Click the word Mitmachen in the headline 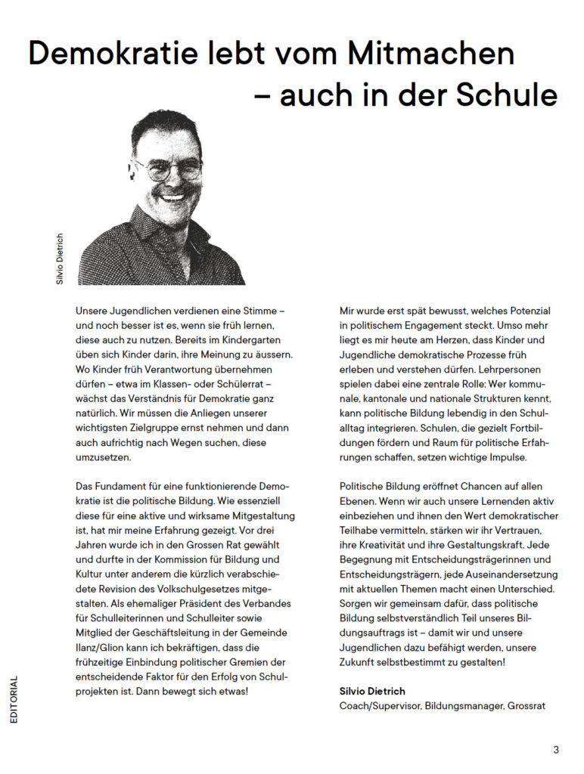pyautogui.click(x=431, y=54)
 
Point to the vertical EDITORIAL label pyautogui.click(x=14, y=699)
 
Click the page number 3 pyautogui.click(x=556, y=750)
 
